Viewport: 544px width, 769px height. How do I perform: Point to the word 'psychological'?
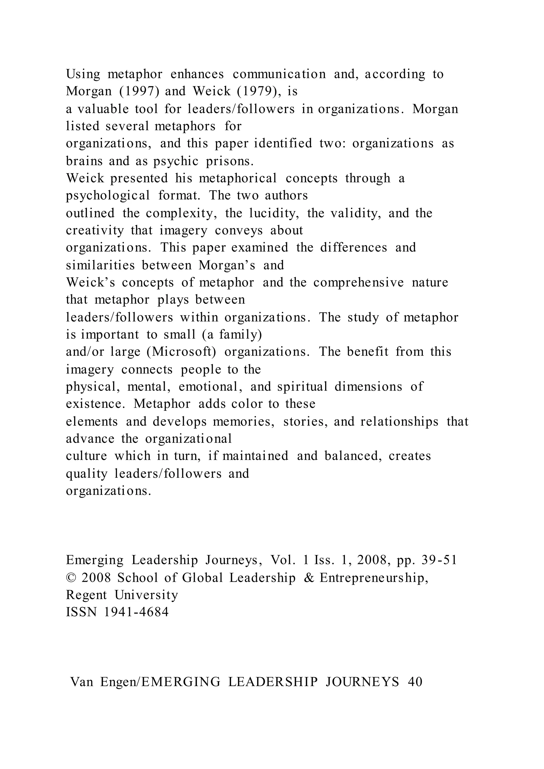[108, 196]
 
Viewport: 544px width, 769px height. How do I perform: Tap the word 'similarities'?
[100, 265]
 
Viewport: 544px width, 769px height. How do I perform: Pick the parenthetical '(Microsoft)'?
[181, 352]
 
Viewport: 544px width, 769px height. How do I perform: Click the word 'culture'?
[86, 456]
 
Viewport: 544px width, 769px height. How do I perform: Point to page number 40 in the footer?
[415, 682]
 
